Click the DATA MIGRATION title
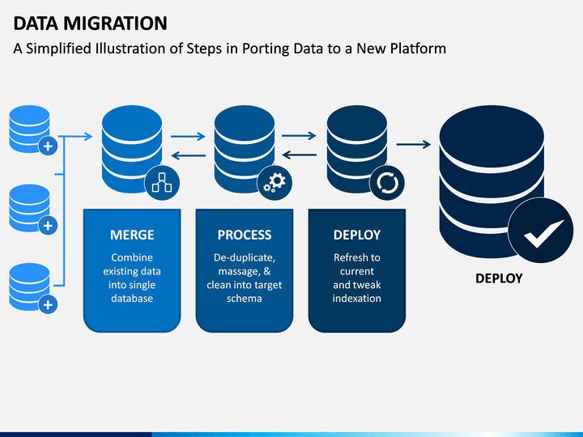click(x=91, y=23)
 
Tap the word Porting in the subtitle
click(x=266, y=49)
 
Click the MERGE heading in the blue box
click(x=132, y=235)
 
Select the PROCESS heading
click(x=245, y=235)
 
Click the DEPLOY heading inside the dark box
click(x=357, y=235)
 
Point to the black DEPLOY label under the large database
click(x=499, y=278)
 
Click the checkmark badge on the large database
click(x=541, y=231)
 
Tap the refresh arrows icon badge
click(x=387, y=183)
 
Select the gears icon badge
click(x=274, y=183)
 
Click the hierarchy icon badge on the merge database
click(x=162, y=183)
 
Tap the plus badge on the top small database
click(x=48, y=146)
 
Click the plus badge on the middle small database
click(x=48, y=225)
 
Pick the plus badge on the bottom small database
click(x=48, y=305)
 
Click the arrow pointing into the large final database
click(x=414, y=144)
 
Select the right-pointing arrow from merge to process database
click(x=188, y=137)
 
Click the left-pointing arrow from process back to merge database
click(x=188, y=155)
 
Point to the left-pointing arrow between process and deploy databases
click(x=300, y=155)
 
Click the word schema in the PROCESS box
click(x=245, y=299)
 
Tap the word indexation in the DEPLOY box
click(x=357, y=299)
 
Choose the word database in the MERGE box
click(x=132, y=299)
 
